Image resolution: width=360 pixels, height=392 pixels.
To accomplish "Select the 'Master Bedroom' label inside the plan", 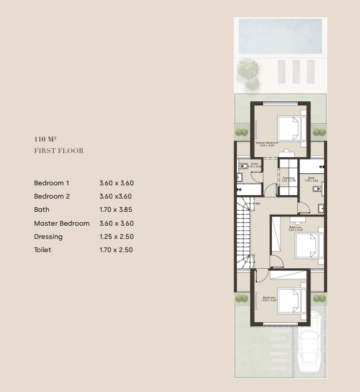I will click(267, 144).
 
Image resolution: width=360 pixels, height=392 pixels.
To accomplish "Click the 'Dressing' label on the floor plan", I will click(289, 178).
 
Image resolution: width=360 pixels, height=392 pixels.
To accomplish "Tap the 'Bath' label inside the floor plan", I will click(311, 178).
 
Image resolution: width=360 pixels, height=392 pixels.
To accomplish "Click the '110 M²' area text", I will click(46, 139).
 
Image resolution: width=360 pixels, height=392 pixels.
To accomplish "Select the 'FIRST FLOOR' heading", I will click(59, 151).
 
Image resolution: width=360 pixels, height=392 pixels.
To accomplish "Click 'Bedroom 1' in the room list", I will click(52, 183).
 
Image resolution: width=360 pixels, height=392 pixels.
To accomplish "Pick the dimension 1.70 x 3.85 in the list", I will click(116, 210).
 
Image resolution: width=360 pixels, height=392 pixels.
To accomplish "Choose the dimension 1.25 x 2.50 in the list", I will click(116, 237).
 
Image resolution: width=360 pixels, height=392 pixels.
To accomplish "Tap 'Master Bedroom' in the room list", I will click(62, 223).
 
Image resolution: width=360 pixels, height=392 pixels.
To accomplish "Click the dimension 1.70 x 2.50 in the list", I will click(116, 250).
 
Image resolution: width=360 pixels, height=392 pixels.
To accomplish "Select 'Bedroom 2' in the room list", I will click(52, 196).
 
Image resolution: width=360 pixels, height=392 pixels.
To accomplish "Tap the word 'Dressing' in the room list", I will click(48, 237).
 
